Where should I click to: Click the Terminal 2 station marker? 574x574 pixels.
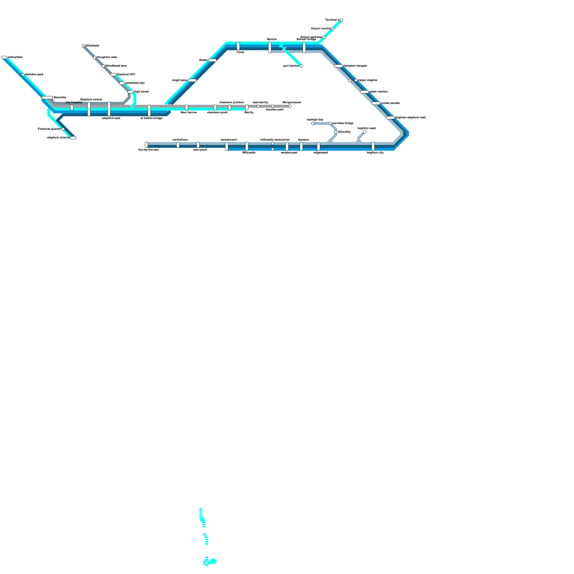(x=342, y=20)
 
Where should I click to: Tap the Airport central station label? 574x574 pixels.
(x=320, y=28)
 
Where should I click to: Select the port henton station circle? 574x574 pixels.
(x=301, y=66)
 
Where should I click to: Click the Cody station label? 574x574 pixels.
(x=240, y=52)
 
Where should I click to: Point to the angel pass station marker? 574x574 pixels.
(x=192, y=80)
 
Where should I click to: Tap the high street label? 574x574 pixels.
(x=141, y=92)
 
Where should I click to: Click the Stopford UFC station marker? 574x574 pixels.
(x=113, y=75)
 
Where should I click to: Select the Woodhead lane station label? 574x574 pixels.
(x=116, y=66)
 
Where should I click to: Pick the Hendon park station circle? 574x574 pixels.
(x=23, y=75)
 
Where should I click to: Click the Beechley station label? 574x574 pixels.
(x=60, y=98)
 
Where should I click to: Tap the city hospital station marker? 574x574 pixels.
(x=72, y=108)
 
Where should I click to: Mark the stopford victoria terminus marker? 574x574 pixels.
(x=73, y=138)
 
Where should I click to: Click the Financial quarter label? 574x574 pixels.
(x=49, y=129)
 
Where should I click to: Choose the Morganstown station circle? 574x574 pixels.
(x=290, y=106)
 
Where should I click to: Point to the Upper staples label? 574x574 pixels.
(x=367, y=80)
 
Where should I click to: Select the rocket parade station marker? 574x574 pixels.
(x=376, y=103)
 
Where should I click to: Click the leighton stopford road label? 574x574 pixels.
(x=410, y=118)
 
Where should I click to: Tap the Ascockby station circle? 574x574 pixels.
(x=336, y=132)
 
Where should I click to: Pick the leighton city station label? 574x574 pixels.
(x=375, y=153)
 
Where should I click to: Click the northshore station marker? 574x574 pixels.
(x=178, y=145)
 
